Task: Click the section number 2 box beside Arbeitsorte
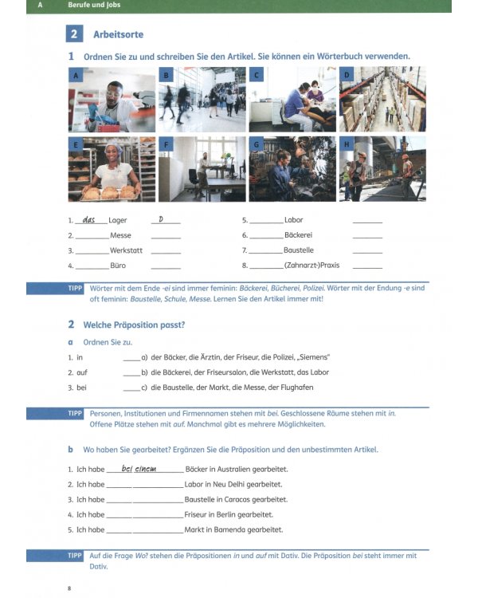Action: click(x=74, y=34)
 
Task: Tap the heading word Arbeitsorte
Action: click(x=118, y=34)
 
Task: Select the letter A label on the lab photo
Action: click(x=76, y=75)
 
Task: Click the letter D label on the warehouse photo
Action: click(x=347, y=75)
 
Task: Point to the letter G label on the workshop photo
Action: click(x=257, y=144)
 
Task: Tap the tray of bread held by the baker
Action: click(x=109, y=193)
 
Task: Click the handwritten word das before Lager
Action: click(x=88, y=219)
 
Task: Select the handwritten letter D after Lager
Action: click(x=161, y=219)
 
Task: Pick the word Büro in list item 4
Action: click(x=118, y=266)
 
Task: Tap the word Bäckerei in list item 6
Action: click(x=298, y=235)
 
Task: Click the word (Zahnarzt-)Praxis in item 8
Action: click(x=311, y=265)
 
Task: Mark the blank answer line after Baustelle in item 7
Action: click(x=367, y=253)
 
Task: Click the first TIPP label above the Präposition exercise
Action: click(x=75, y=289)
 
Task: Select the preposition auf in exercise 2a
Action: click(x=82, y=372)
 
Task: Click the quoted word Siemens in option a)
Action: click(x=315, y=357)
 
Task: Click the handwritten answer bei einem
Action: click(x=139, y=469)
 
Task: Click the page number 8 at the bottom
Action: click(x=69, y=588)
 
